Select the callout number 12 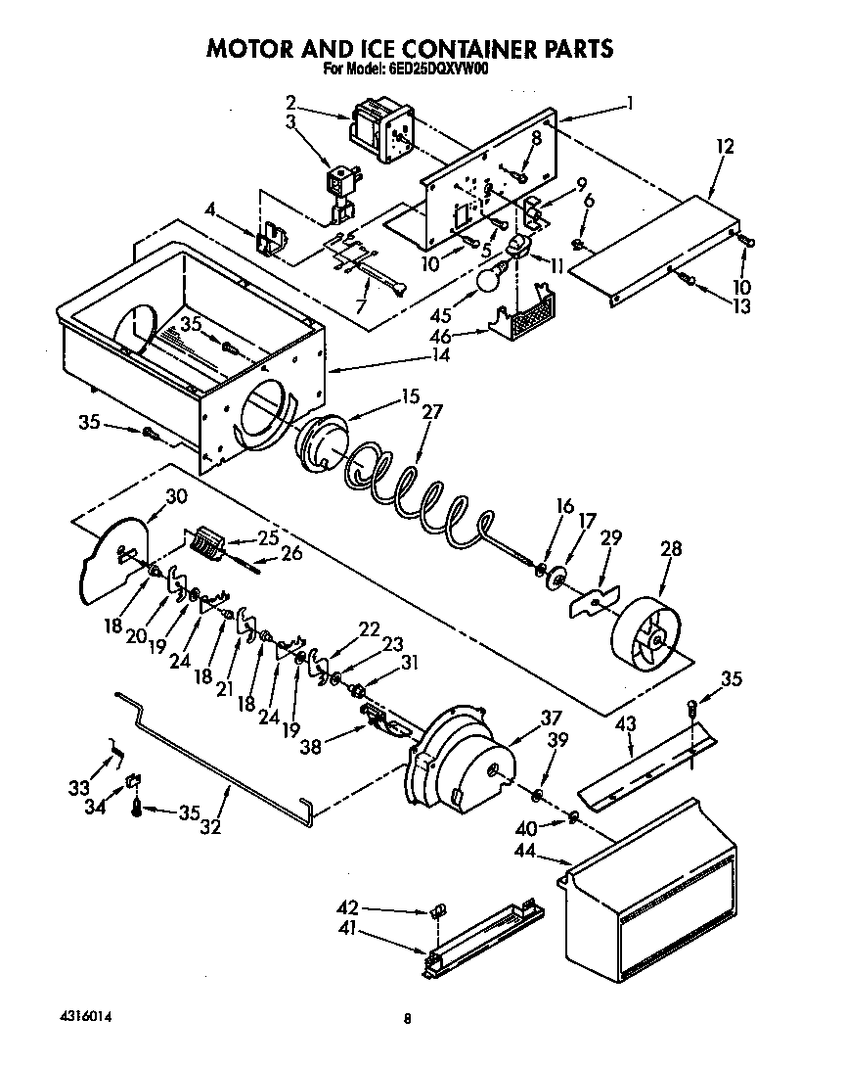coord(725,146)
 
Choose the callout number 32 coord(209,827)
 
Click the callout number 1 coord(632,101)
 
